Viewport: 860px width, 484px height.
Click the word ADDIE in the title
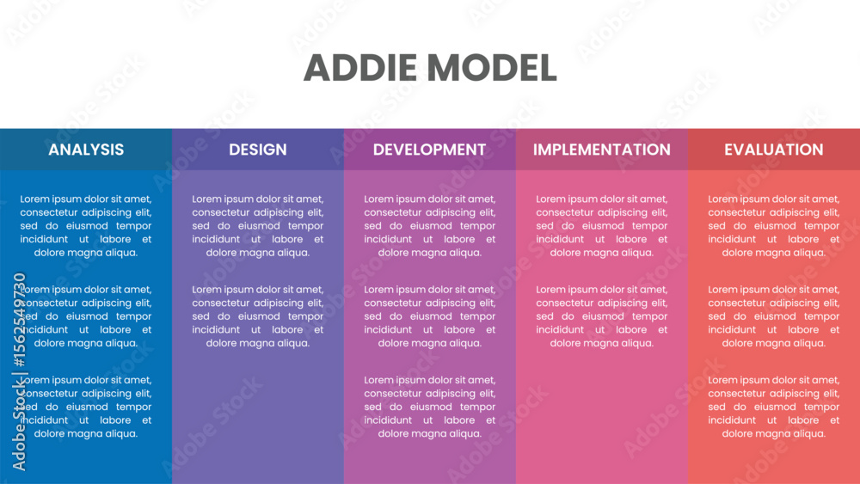click(360, 68)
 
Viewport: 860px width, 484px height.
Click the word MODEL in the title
click(492, 68)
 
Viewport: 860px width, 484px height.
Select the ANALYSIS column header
click(86, 150)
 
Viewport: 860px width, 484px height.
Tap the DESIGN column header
click(258, 150)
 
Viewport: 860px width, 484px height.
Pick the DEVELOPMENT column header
click(429, 150)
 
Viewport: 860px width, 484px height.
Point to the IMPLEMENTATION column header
click(602, 150)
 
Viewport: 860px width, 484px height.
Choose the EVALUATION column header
click(774, 150)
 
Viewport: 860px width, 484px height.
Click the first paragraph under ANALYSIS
click(86, 226)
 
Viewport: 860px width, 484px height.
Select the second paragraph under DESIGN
click(258, 316)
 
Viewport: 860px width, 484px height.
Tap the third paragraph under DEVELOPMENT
click(429, 407)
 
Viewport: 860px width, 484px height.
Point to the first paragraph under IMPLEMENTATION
click(602, 226)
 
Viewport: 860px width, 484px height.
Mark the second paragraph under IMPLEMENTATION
click(602, 316)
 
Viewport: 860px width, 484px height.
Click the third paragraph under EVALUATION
click(774, 407)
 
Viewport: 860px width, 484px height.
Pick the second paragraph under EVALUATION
click(774, 316)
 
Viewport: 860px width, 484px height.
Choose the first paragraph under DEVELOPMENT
click(429, 226)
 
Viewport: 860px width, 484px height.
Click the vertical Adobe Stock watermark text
click(19, 371)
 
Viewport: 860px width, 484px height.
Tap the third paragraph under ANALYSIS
click(86, 407)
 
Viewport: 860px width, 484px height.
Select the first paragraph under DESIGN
click(258, 226)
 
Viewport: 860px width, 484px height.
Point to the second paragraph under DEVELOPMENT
click(429, 316)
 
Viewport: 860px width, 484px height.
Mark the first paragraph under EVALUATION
click(774, 226)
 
